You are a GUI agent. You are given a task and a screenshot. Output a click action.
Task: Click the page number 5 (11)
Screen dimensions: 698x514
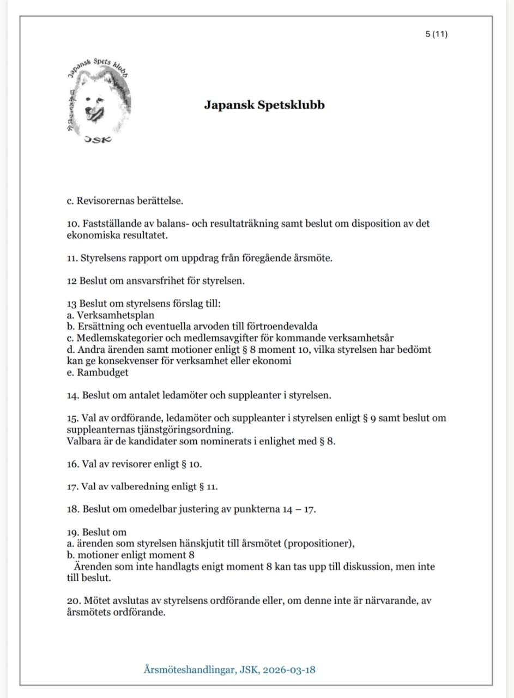click(436, 34)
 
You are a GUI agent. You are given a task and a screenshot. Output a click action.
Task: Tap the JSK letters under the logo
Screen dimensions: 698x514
click(98, 140)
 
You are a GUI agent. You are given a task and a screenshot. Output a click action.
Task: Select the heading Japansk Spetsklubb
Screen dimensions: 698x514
click(264, 105)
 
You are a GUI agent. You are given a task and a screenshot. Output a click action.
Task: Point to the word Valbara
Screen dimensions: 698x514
click(82, 441)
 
